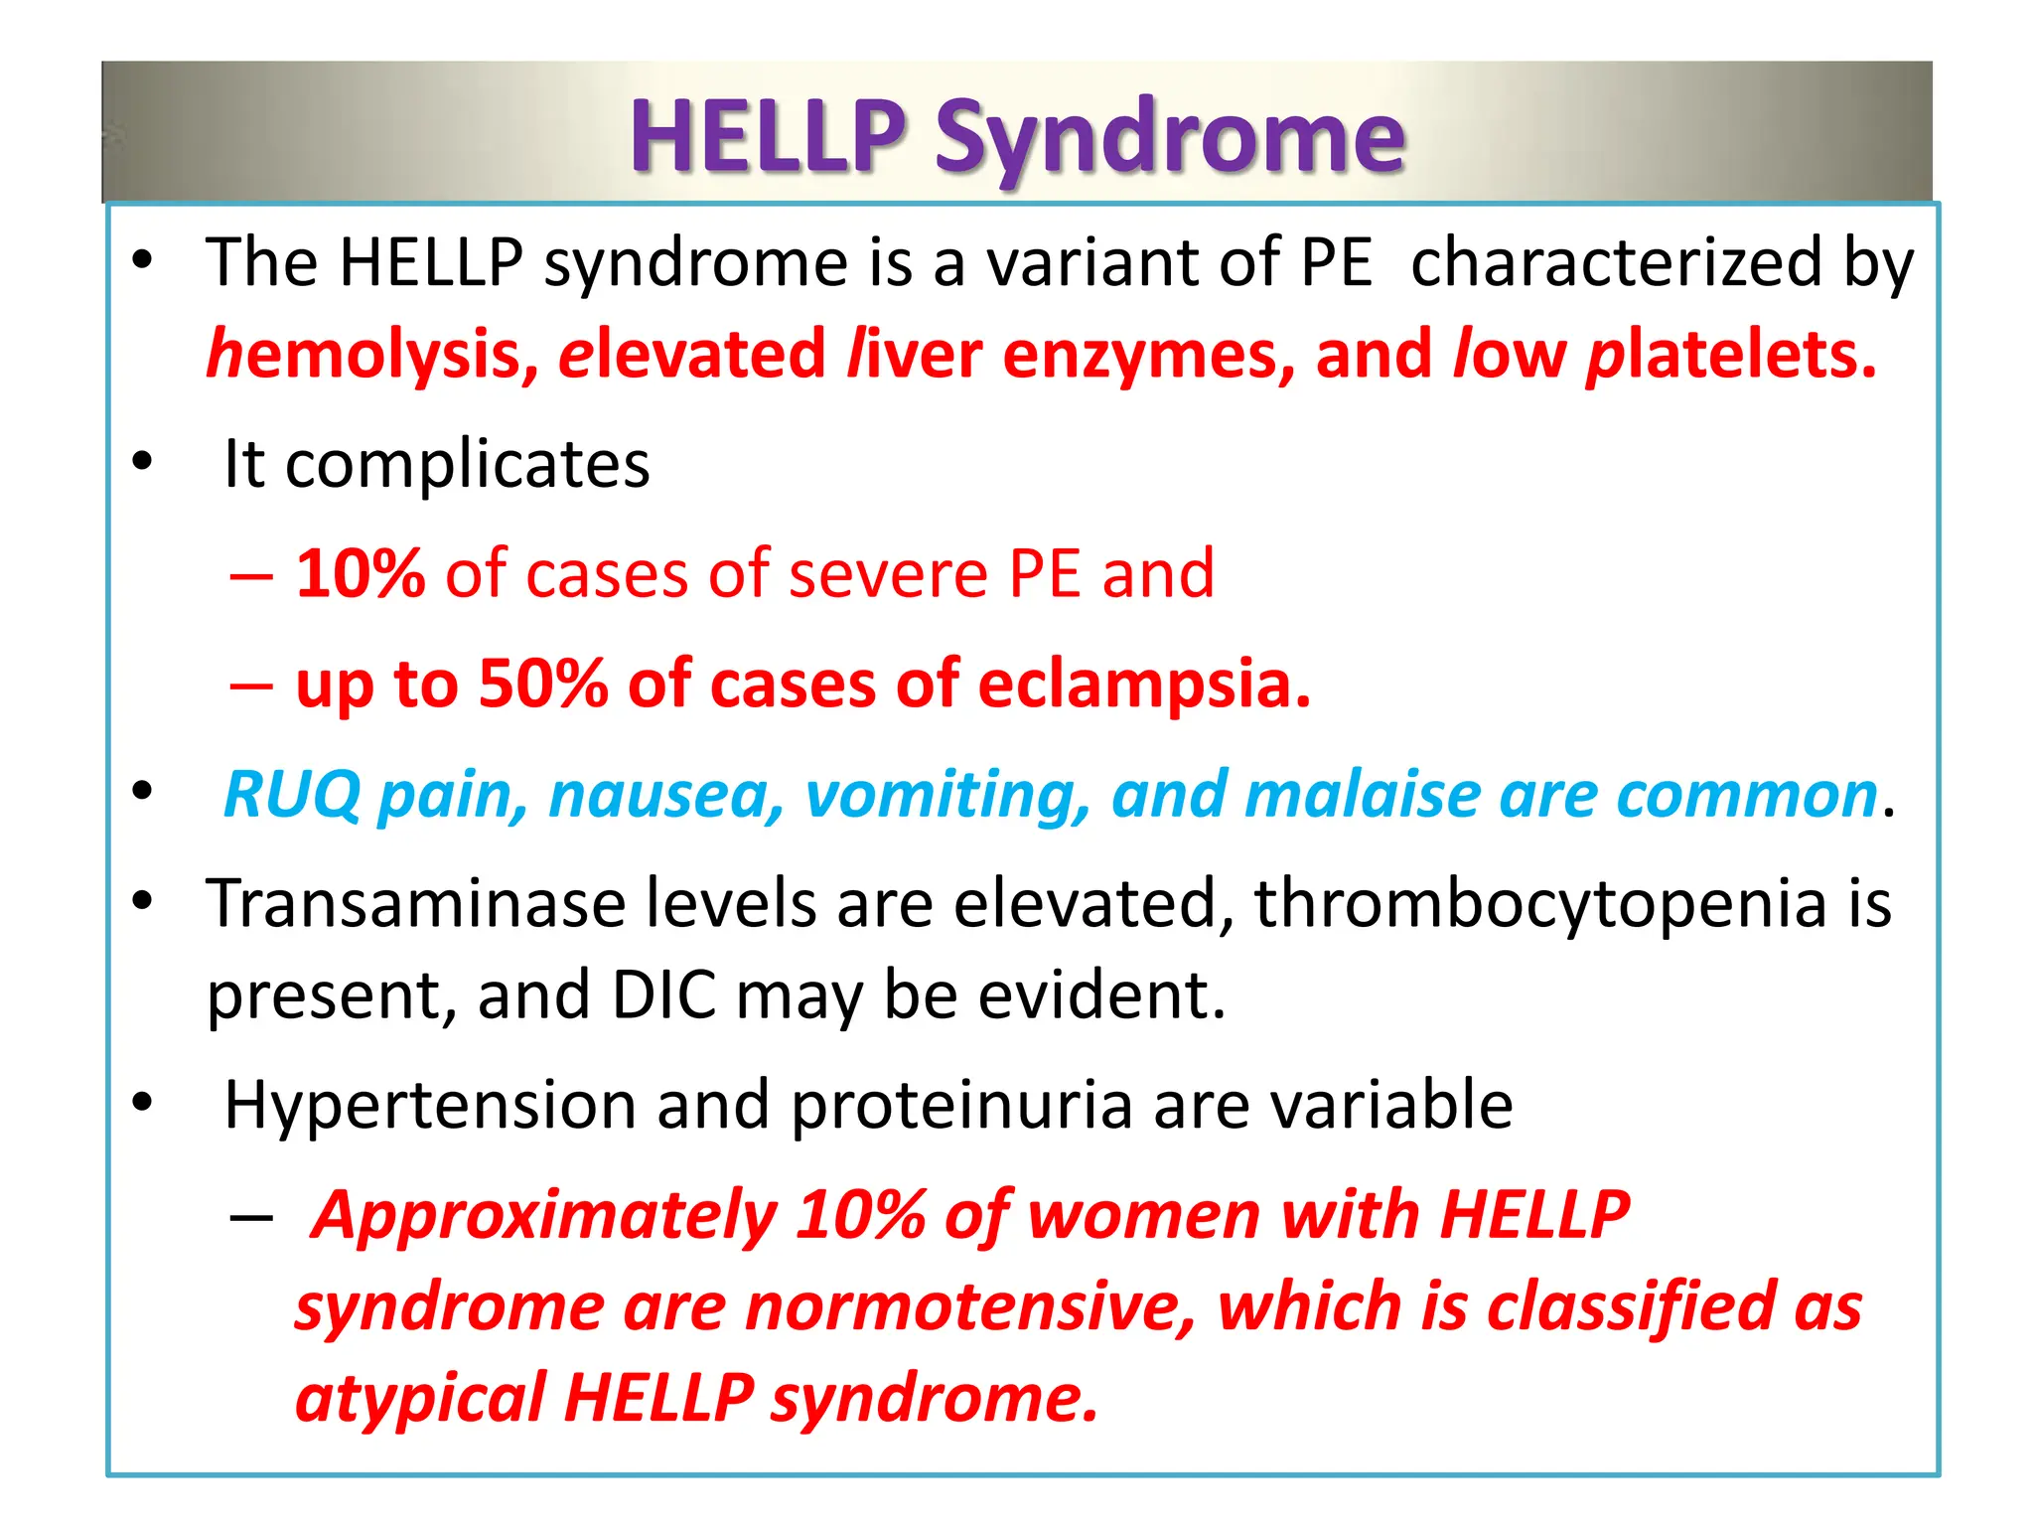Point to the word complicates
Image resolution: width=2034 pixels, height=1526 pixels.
(467, 464)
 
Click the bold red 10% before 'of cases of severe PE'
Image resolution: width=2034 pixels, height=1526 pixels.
(361, 574)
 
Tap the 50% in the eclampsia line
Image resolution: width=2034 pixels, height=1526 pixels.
(542, 685)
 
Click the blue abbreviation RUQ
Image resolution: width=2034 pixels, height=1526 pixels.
(292, 796)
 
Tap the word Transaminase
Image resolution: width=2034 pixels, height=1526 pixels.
(416, 904)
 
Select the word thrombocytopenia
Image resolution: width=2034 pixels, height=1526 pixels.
(1539, 904)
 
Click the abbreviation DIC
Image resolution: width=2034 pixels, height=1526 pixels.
(663, 995)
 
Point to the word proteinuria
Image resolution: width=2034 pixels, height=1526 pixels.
(961, 1105)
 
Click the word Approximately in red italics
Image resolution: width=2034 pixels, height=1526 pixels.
(544, 1216)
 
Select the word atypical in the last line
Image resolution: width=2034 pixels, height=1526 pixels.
(420, 1398)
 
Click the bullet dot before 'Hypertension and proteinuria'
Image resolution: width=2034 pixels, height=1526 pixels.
(143, 1103)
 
